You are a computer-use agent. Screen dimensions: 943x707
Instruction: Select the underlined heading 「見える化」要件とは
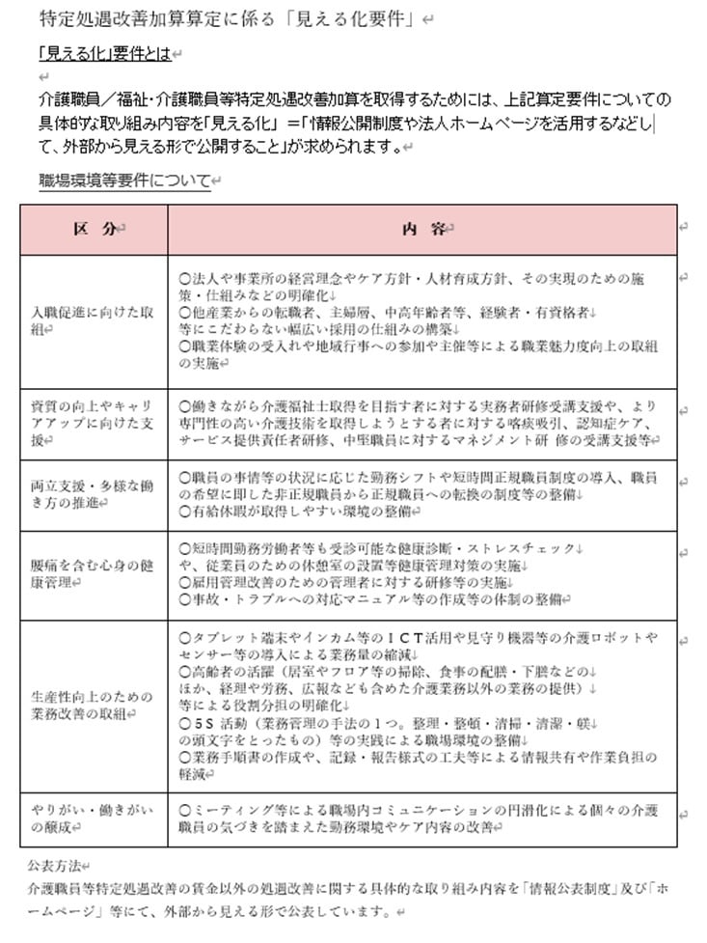[103, 54]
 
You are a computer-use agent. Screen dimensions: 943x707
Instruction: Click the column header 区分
[95, 229]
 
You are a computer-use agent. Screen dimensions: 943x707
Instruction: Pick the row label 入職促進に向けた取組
[93, 321]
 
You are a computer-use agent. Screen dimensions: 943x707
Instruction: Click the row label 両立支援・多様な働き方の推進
[93, 495]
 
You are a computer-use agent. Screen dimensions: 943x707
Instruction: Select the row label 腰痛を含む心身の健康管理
[93, 574]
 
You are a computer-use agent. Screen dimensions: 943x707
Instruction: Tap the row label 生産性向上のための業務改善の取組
[93, 705]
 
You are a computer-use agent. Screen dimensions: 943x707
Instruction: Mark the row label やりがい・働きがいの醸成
[93, 819]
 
